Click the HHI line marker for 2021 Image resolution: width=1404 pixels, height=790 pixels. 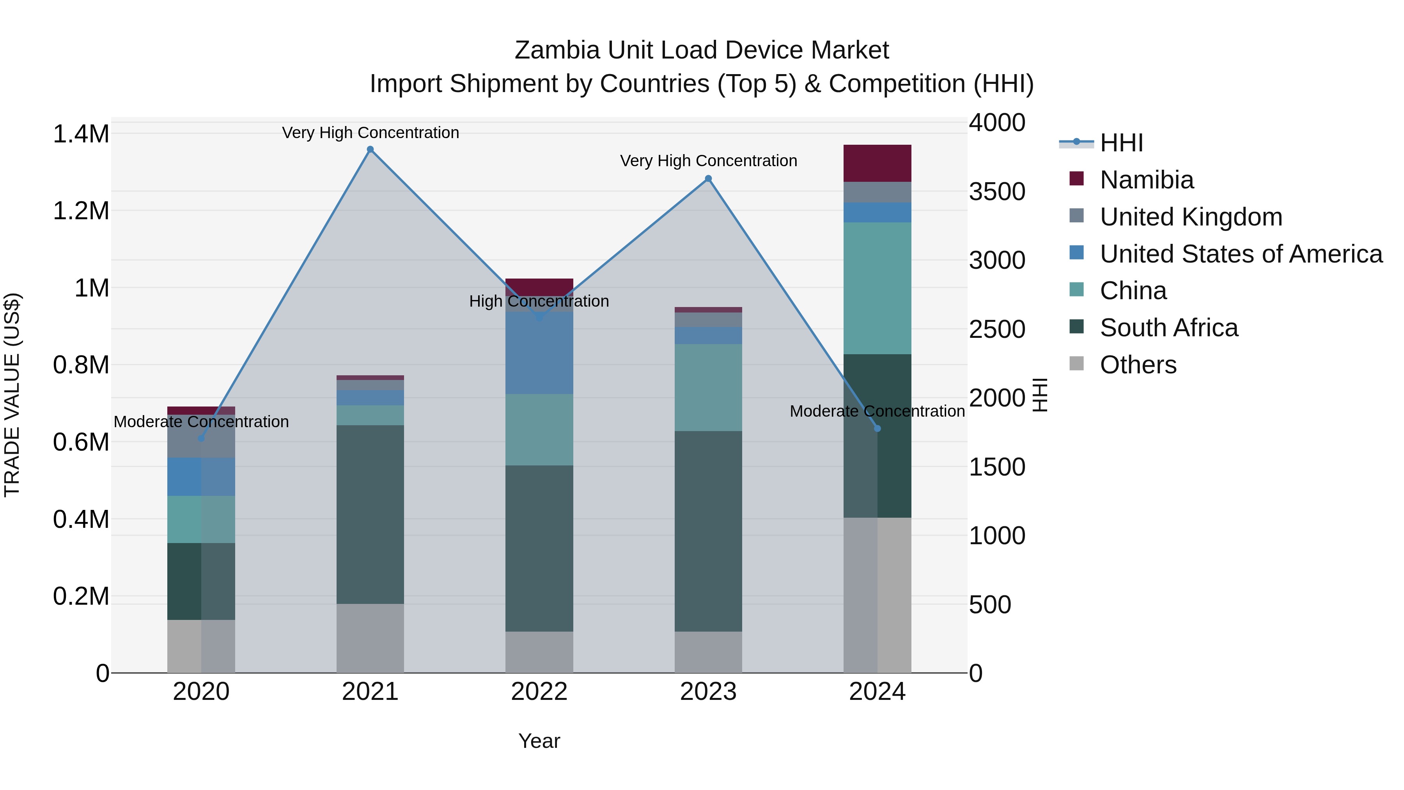[x=370, y=149]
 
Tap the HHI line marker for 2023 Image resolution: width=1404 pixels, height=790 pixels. [x=708, y=179]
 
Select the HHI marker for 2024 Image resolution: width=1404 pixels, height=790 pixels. [x=877, y=428]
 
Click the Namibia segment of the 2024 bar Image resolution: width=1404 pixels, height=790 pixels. [x=877, y=163]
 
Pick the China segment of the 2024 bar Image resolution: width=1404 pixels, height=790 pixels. [x=877, y=288]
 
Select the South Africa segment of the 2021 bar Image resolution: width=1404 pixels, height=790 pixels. [x=370, y=514]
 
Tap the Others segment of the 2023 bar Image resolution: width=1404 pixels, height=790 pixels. [x=708, y=652]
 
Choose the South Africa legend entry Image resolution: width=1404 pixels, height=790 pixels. [x=1168, y=328]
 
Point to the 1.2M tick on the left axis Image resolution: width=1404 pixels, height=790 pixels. [x=81, y=211]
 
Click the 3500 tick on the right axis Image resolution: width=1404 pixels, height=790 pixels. [x=997, y=192]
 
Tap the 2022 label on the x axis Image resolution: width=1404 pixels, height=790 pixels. [x=539, y=692]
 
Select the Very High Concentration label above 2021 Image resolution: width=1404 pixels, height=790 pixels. [x=370, y=133]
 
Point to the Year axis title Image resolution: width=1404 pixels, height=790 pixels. [x=539, y=741]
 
